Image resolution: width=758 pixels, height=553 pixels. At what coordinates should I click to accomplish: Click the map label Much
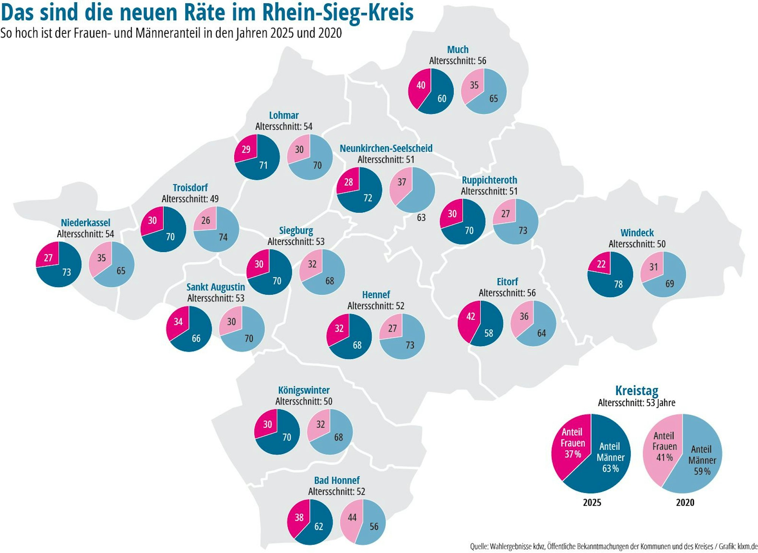457,50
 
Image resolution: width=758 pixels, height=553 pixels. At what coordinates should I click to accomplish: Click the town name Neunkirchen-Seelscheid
386,148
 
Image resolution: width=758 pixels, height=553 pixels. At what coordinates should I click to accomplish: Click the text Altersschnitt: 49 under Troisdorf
190,199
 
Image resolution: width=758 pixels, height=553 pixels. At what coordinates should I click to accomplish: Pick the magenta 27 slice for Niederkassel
49,256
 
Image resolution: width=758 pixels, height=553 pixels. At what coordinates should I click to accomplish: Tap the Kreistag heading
636,390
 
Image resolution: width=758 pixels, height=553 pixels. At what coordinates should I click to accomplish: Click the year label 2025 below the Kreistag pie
592,503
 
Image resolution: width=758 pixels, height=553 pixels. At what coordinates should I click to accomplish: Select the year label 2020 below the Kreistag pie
685,503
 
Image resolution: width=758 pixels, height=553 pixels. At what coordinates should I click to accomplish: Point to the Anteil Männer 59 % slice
701,461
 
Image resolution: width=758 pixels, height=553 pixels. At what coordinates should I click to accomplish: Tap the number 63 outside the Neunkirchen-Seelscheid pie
421,218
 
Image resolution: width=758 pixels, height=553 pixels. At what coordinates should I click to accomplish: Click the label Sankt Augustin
215,287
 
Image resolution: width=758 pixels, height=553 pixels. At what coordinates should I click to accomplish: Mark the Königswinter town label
304,390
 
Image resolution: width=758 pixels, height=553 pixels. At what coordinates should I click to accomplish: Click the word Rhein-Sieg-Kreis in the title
337,13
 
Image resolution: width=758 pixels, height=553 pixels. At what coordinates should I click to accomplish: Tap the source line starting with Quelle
614,546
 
